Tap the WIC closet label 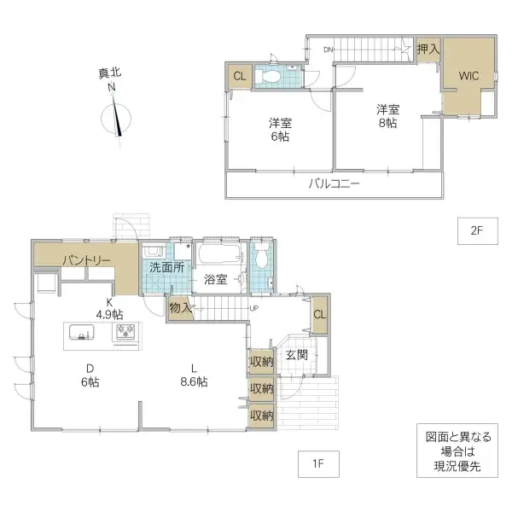[468, 76]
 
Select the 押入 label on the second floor [428, 49]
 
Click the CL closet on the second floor [240, 76]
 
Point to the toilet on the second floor [275, 76]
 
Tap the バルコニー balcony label [334, 183]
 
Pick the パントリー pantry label [84, 260]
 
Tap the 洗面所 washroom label [166, 266]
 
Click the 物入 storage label [179, 308]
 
